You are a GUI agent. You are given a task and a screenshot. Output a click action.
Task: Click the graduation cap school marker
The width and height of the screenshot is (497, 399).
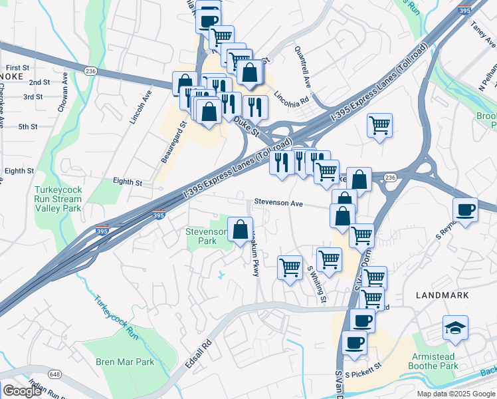(455, 328)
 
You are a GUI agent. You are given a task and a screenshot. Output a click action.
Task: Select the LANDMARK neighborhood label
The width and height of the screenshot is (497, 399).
(442, 295)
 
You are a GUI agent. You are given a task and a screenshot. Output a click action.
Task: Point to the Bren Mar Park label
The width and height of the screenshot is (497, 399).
(125, 362)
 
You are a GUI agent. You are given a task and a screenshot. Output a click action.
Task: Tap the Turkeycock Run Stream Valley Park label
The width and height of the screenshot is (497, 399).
(58, 199)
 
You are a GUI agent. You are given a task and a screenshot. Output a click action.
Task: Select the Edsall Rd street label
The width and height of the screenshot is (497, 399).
(199, 355)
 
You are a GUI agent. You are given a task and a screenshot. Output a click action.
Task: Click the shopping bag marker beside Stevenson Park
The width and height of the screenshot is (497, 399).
(240, 230)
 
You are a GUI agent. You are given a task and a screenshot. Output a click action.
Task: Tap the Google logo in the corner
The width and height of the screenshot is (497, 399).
(22, 391)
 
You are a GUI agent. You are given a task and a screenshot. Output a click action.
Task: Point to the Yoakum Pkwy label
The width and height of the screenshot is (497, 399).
(255, 253)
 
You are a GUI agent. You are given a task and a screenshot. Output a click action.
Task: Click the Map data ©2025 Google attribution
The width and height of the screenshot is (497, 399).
(456, 394)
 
